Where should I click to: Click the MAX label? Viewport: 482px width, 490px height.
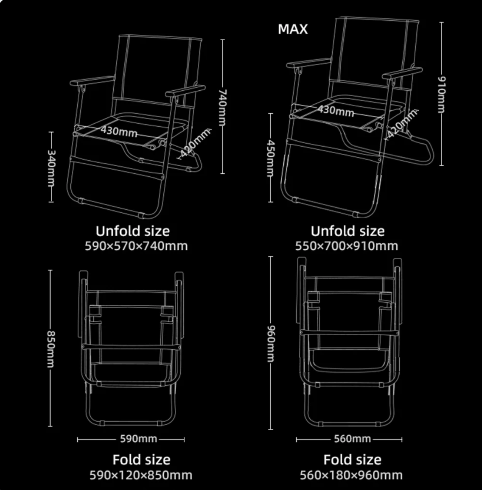(x=293, y=29)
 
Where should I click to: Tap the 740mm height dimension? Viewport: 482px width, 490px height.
(x=222, y=107)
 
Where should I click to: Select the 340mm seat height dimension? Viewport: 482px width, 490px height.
(x=51, y=167)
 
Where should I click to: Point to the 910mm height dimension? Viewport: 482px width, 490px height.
(x=441, y=94)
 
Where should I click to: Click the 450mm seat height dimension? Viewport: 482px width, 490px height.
(x=271, y=158)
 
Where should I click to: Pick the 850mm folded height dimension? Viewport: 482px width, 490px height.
(x=50, y=348)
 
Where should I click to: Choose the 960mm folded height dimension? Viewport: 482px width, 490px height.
(x=271, y=343)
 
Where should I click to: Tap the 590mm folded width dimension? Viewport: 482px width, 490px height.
(x=131, y=439)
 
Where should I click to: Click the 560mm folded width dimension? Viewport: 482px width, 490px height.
(x=349, y=439)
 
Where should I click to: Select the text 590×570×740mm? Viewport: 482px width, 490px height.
(x=136, y=246)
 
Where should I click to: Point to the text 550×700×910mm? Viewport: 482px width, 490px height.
(x=347, y=246)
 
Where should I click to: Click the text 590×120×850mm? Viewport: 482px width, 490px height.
(x=141, y=475)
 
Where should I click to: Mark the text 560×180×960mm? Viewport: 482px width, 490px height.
(x=351, y=475)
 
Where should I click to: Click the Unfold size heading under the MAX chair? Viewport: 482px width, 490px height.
(x=347, y=231)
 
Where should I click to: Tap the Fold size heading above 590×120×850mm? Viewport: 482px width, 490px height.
(x=141, y=460)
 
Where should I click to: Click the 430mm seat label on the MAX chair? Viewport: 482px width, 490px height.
(x=336, y=111)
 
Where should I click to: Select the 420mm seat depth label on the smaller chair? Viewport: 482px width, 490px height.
(x=195, y=143)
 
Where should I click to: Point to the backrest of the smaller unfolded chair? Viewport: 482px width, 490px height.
(x=158, y=70)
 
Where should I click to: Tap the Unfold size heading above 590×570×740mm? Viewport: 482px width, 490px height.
(x=133, y=231)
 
